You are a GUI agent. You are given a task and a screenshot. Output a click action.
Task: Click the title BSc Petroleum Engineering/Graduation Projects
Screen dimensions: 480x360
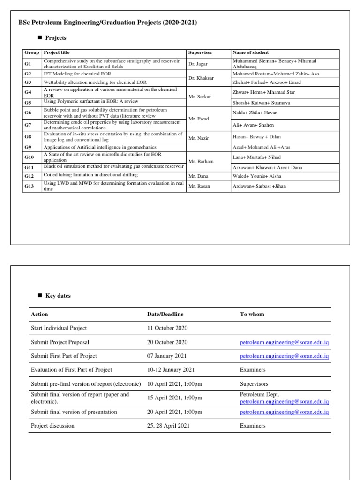107,22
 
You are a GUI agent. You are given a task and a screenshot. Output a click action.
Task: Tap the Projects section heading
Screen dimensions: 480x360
56,38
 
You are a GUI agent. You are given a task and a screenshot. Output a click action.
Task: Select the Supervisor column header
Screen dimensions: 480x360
200,52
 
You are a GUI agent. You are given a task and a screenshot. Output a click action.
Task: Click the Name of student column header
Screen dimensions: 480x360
250,52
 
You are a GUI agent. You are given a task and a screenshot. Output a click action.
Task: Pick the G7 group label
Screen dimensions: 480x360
28,125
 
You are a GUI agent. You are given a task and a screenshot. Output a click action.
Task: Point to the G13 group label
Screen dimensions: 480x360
29,186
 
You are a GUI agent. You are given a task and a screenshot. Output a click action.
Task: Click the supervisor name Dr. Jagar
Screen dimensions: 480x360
198,63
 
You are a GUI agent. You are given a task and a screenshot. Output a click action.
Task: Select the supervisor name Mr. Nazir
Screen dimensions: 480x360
199,139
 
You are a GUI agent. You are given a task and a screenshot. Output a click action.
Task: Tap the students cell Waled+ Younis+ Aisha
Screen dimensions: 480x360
256,176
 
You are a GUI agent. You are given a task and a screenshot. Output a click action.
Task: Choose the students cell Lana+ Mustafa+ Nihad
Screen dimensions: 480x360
256,157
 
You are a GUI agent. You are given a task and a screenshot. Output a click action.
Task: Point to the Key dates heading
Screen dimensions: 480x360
58,296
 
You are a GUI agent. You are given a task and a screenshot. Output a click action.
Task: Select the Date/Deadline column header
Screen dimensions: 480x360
165,314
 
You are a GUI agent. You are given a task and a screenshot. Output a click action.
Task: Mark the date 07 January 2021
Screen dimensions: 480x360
166,356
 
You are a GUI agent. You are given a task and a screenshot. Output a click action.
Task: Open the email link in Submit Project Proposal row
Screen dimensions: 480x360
284,343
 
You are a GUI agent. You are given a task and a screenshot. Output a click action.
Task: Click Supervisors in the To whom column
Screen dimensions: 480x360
254,384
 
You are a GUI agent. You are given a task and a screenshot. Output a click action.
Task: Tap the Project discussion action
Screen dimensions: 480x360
52,426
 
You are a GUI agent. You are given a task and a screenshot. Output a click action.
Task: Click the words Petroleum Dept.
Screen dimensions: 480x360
259,395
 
